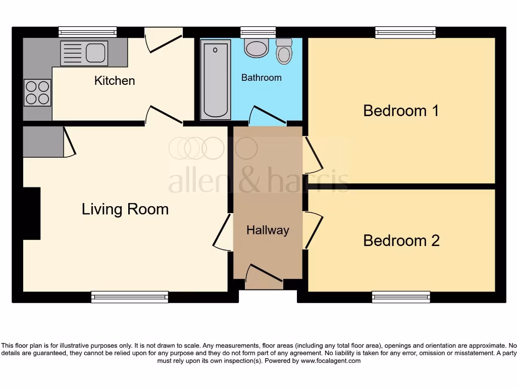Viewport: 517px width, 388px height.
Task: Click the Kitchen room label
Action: [x=115, y=80]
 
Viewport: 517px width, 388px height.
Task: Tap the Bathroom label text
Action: [x=261, y=78]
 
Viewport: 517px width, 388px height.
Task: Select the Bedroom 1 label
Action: [x=401, y=110]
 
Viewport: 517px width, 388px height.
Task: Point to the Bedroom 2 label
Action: [x=401, y=240]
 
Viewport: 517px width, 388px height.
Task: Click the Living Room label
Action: [x=125, y=209]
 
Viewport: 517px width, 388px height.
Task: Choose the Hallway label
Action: [x=268, y=230]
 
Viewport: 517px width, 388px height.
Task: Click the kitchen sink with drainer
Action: [x=84, y=53]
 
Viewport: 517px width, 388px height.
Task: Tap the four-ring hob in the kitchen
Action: [x=37, y=93]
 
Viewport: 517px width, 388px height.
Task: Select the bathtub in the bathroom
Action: [x=216, y=81]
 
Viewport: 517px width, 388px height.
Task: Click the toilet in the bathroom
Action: [x=285, y=52]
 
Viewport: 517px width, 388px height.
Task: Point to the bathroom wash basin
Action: [x=256, y=47]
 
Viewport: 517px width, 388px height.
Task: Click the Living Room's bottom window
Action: [x=130, y=297]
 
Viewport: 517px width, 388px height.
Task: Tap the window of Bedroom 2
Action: [x=401, y=297]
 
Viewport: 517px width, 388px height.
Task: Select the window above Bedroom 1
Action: [x=405, y=32]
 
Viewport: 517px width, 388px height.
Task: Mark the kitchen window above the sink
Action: [x=87, y=32]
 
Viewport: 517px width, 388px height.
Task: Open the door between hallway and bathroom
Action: [x=268, y=116]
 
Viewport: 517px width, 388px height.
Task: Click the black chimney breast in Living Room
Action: [x=32, y=213]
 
